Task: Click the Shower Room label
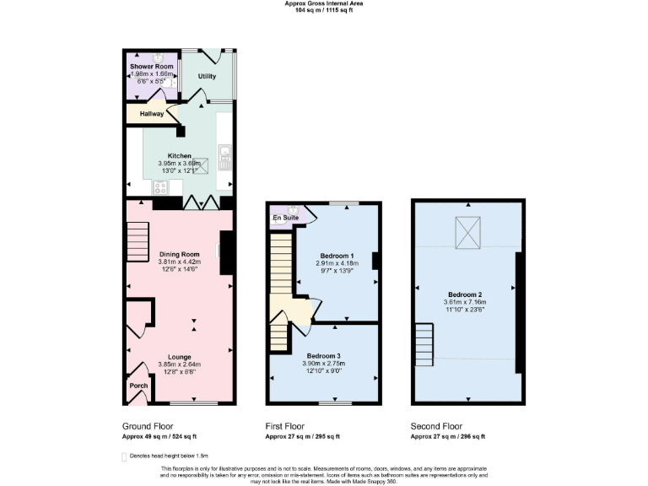coord(152,67)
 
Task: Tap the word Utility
coord(207,76)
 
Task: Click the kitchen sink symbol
coord(225,154)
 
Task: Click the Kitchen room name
coord(179,156)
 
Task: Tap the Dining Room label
coord(179,254)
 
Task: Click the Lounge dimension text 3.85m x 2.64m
coord(179,364)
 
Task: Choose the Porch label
coord(138,386)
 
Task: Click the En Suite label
coord(284,218)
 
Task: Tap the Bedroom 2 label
coord(466,294)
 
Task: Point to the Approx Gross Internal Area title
coord(324,3)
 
